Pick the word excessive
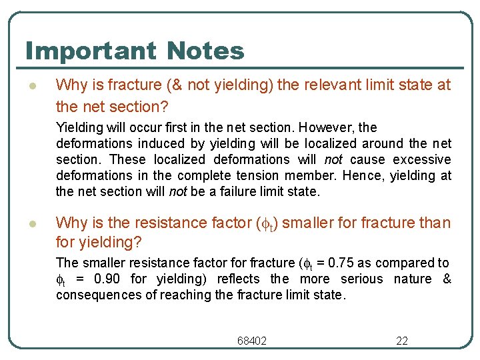pyautogui.click(x=422, y=159)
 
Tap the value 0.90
pyautogui.click(x=107, y=279)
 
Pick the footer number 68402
pyautogui.click(x=252, y=341)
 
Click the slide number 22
pyautogui.click(x=402, y=341)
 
